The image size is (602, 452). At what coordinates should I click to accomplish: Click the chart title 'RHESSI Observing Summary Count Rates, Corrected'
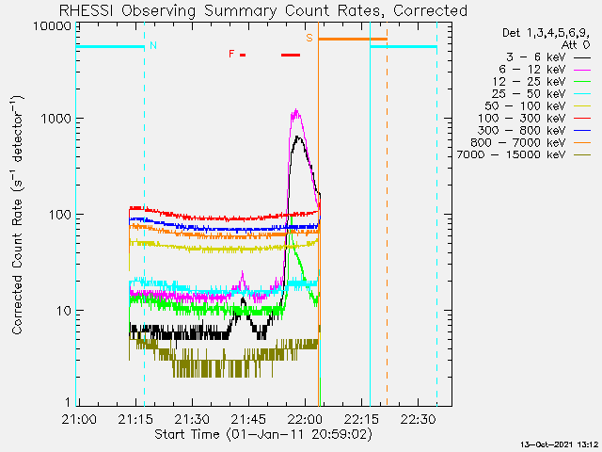click(263, 10)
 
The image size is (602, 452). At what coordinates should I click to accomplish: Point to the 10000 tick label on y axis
click(52, 26)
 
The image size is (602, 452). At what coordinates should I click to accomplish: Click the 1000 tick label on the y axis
click(56, 119)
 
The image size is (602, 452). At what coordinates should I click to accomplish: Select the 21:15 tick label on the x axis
click(135, 419)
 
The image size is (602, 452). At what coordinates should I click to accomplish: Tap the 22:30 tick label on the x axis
click(418, 419)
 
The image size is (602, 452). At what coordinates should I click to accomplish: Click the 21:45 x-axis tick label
click(248, 419)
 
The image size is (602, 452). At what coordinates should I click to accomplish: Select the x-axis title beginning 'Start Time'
click(263, 434)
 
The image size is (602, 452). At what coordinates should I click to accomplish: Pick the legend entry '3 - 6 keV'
click(548, 57)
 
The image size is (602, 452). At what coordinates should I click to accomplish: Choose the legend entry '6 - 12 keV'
click(545, 70)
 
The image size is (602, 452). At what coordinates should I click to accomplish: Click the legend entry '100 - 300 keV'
click(534, 119)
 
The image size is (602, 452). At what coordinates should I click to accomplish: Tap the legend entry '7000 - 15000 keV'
click(524, 154)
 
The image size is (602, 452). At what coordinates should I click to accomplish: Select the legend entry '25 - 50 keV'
click(542, 94)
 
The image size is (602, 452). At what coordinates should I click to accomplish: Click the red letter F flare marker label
click(231, 54)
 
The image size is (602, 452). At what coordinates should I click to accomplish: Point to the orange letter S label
click(309, 38)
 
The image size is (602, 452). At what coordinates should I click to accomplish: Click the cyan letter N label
click(153, 45)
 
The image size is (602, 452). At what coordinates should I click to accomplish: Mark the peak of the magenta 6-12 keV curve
click(295, 109)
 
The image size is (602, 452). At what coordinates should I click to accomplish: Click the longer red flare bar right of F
click(291, 55)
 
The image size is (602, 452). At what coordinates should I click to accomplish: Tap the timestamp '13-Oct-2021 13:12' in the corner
click(559, 444)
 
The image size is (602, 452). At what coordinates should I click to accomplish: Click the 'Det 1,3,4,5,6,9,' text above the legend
click(546, 33)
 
